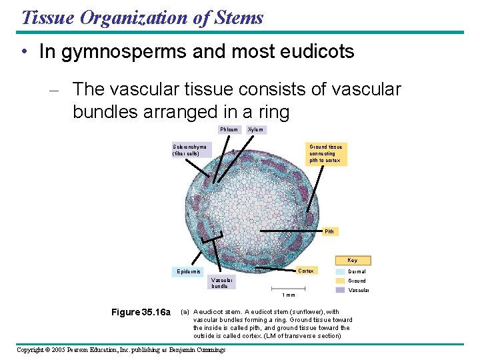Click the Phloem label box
tap(229, 129)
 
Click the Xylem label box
tap(255, 129)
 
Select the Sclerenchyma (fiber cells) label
tap(191, 150)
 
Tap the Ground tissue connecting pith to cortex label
tap(326, 153)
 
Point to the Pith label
tap(329, 231)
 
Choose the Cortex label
tap(306, 271)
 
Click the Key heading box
tap(352, 260)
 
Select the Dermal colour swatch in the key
tap(340, 271)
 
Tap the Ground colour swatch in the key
tap(340, 281)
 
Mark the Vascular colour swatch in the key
tap(340, 290)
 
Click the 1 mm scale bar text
tap(288, 295)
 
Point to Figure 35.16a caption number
tap(141, 312)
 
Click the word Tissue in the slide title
tap(45, 17)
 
